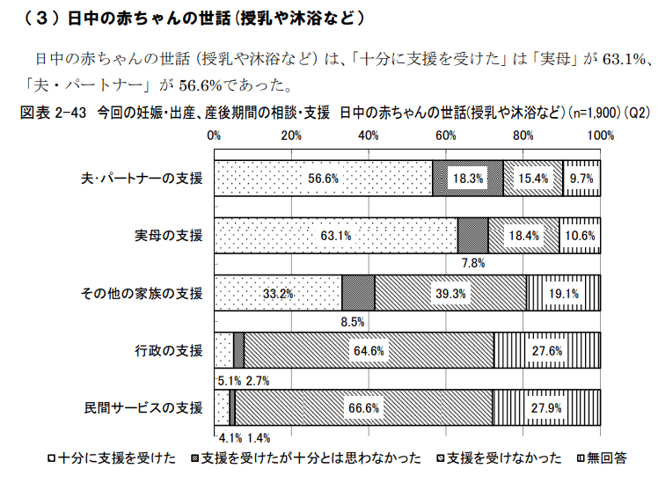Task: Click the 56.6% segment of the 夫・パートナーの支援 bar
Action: [323, 178]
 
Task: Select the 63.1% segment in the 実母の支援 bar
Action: [335, 235]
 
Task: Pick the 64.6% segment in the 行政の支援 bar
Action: [369, 350]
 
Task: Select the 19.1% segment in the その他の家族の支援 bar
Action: [563, 292]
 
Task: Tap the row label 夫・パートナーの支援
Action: [143, 178]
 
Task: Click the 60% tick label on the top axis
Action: [446, 135]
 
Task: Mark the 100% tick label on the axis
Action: [599, 135]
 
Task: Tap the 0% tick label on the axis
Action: [214, 135]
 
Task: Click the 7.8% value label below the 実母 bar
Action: [472, 262]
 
